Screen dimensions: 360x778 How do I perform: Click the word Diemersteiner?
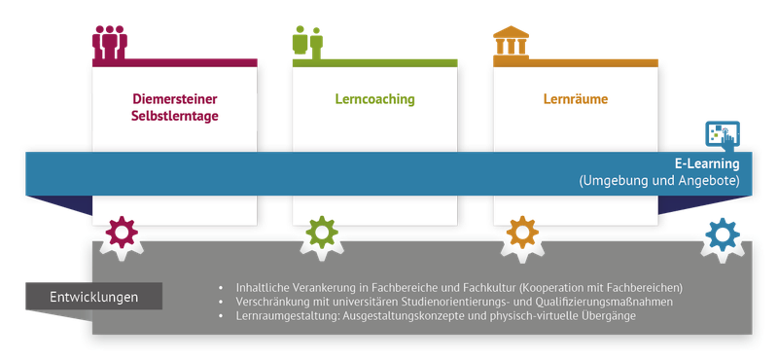coord(175,99)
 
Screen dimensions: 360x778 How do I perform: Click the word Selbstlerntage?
coord(175,117)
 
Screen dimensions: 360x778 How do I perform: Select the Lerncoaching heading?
coord(374,99)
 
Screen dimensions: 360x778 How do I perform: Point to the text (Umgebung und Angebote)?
coord(660,181)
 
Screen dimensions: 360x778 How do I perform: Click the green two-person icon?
coord(307,42)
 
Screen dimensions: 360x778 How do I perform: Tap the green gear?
coord(321,233)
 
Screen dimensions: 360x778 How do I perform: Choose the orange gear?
coord(522,233)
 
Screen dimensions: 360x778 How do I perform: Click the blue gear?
coord(722,233)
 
